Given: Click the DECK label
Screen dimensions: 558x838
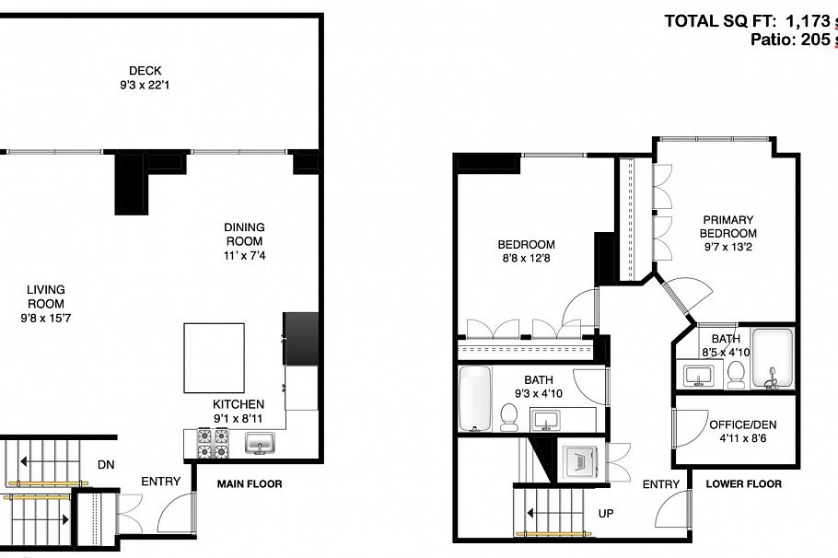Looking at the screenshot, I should point(145,70).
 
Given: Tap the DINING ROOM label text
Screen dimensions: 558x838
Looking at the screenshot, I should point(244,234).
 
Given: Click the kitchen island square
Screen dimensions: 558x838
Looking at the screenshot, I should point(214,357).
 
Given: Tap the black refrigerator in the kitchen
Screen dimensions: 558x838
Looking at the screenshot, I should point(301,337).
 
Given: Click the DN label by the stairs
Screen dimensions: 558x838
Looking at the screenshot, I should point(106,465).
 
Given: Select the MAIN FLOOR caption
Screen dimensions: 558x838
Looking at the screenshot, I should point(250,483).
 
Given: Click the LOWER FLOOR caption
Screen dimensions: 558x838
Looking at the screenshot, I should point(743,483).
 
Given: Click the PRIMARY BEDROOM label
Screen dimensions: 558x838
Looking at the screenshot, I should point(729,227).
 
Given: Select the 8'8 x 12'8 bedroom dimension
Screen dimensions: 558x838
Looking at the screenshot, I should point(526,259).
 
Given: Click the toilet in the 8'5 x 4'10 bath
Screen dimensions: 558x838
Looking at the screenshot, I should point(735,373).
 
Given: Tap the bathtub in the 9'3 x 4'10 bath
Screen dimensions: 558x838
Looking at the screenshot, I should point(475,398).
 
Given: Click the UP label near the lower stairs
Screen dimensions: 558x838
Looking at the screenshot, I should point(605,514).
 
